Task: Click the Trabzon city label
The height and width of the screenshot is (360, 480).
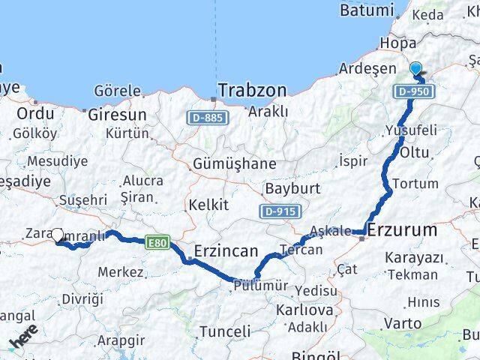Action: tap(253, 90)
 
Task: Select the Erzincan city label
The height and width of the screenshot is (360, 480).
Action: tap(226, 250)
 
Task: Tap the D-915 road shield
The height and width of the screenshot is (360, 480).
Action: tap(280, 212)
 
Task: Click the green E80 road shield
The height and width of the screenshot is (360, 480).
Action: tap(157, 243)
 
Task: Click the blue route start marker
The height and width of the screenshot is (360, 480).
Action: tap(416, 69)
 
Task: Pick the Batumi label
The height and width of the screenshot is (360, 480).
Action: tap(366, 10)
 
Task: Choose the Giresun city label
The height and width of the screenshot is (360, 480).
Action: tap(117, 115)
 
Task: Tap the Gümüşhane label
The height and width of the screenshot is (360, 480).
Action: tap(234, 163)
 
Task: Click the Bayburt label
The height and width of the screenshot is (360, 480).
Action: tap(292, 187)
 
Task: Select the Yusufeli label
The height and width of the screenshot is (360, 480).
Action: tap(410, 130)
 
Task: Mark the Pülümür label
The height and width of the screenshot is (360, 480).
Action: tap(260, 286)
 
